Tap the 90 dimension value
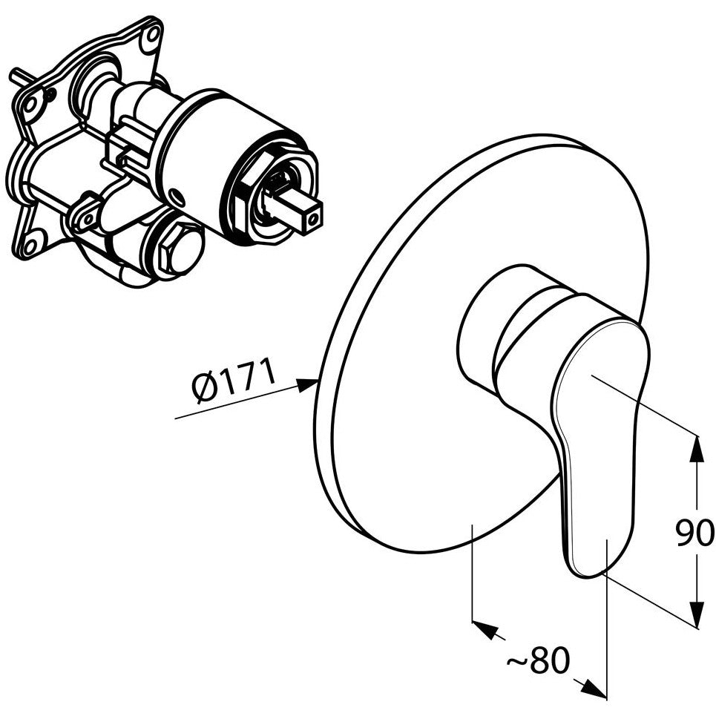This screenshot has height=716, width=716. pos(694,533)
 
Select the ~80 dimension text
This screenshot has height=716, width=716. pos(539,660)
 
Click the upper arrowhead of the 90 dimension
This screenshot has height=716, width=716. pos(697,450)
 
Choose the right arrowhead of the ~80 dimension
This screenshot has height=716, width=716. pos(593,691)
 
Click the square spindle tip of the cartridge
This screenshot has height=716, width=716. pos(304,214)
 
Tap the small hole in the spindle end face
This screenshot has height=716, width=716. pos(312,220)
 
